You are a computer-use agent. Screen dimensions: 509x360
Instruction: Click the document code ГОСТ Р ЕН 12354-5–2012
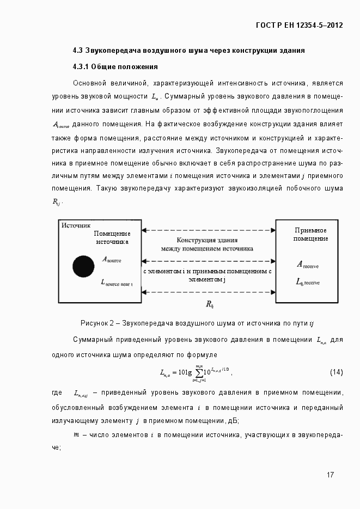click(299, 25)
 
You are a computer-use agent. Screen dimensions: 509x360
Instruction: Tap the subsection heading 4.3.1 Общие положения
click(115, 67)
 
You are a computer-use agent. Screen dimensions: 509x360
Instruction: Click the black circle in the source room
click(83, 265)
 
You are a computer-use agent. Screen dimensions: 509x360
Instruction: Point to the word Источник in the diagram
click(76, 225)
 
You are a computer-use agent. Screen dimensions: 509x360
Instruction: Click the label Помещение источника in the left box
click(112, 237)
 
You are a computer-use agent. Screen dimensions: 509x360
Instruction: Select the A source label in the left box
click(112, 260)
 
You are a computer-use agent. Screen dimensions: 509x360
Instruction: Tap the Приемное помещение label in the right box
click(310, 235)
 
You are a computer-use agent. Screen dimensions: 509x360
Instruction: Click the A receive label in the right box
click(308, 265)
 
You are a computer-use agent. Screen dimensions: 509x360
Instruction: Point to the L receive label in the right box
click(308, 282)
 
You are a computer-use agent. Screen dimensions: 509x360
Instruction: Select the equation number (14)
click(336, 372)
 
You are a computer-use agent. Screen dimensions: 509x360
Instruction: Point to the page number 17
click(330, 475)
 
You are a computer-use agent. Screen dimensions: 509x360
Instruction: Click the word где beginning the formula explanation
click(57, 393)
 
